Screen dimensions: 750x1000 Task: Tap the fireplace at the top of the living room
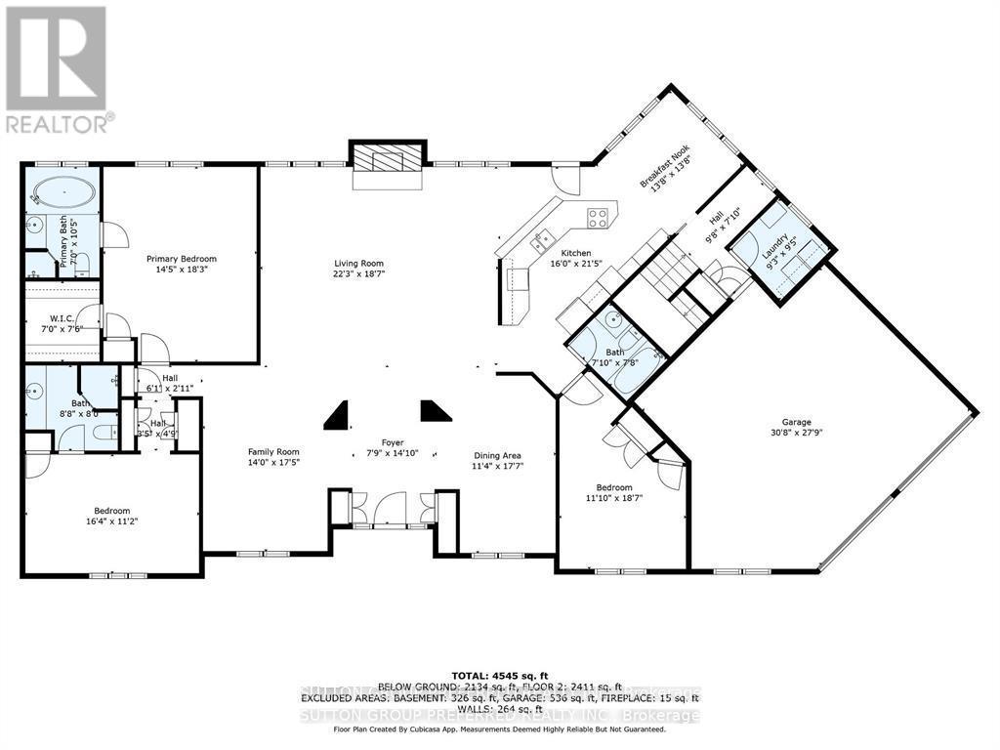coord(388,160)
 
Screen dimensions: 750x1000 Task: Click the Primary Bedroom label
coord(182,259)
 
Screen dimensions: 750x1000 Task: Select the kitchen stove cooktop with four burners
coord(598,216)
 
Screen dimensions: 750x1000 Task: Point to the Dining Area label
coord(497,456)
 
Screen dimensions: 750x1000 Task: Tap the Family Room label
coord(273,451)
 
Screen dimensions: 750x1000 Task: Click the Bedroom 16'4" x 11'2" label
coord(113,511)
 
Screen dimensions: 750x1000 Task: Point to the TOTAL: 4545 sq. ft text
coord(500,675)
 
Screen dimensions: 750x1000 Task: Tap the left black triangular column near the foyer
coord(338,414)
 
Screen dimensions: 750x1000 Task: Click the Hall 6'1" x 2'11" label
coord(170,379)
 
